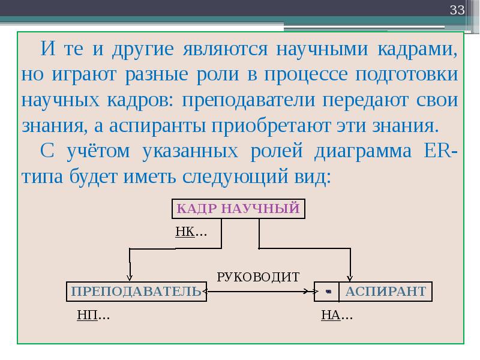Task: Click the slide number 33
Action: click(457, 10)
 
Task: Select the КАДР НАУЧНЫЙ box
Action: click(238, 209)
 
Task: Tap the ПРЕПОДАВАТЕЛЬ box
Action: click(137, 292)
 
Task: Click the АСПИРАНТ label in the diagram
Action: click(386, 292)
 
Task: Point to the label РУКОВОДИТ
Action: click(258, 277)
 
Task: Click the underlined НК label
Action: click(185, 232)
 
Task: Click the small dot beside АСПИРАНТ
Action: click(328, 292)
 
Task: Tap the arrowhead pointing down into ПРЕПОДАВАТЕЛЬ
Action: click(130, 278)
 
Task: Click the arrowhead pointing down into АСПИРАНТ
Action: click(350, 278)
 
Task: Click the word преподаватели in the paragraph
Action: click(248, 101)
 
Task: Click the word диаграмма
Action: click(363, 152)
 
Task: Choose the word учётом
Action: click(98, 151)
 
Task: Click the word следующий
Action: click(235, 177)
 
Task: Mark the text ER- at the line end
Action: click(441, 151)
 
